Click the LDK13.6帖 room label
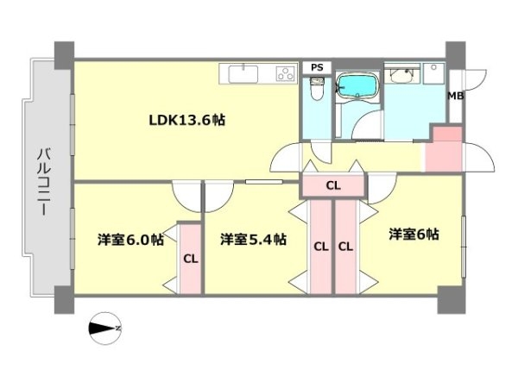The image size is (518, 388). tap(187, 120)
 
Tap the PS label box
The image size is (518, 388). tap(317, 67)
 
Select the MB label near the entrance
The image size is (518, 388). tap(455, 97)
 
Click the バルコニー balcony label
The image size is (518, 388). tap(45, 182)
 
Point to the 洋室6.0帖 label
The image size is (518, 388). tap(131, 239)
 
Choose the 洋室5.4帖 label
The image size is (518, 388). tap(253, 239)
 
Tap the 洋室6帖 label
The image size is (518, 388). tap(414, 235)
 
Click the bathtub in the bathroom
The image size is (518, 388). tap(358, 85)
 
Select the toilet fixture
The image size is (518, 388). tap(318, 89)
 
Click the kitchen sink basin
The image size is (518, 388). tap(243, 74)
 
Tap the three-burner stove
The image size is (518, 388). tap(286, 73)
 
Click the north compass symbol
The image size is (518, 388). tap(105, 328)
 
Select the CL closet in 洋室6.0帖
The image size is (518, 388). tap(191, 259)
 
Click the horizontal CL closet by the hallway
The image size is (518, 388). tap(333, 185)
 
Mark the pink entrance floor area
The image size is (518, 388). tap(445, 149)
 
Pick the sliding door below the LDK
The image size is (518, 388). tap(263, 181)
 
